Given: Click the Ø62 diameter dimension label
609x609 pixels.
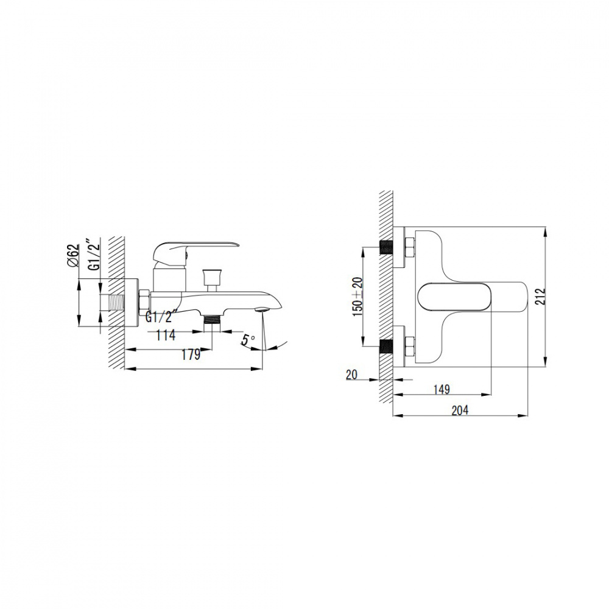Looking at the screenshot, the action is (x=73, y=255).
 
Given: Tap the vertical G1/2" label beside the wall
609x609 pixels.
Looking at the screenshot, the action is (x=94, y=255).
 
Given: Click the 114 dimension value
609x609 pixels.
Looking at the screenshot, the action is (x=166, y=335).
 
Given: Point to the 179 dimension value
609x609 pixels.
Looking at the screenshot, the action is (x=191, y=354).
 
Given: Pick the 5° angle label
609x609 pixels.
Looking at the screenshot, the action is (x=248, y=340).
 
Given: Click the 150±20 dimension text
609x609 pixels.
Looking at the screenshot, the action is (x=357, y=297).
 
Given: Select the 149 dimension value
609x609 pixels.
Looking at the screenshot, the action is (x=442, y=389).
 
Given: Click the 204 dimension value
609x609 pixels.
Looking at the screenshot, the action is (x=460, y=410).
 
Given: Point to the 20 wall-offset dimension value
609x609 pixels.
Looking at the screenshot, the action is (x=351, y=375).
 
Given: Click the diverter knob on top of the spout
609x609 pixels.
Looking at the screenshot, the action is (x=212, y=280).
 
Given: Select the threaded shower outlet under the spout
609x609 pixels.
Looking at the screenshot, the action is (x=212, y=322).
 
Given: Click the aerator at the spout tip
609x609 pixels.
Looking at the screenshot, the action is (x=262, y=309).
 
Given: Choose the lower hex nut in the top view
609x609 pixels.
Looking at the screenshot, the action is (x=410, y=347).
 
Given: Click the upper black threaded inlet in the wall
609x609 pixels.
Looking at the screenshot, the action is (x=386, y=247).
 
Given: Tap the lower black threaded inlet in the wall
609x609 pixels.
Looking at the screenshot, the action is (x=386, y=347).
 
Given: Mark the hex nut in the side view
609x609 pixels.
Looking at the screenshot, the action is (x=144, y=302).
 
